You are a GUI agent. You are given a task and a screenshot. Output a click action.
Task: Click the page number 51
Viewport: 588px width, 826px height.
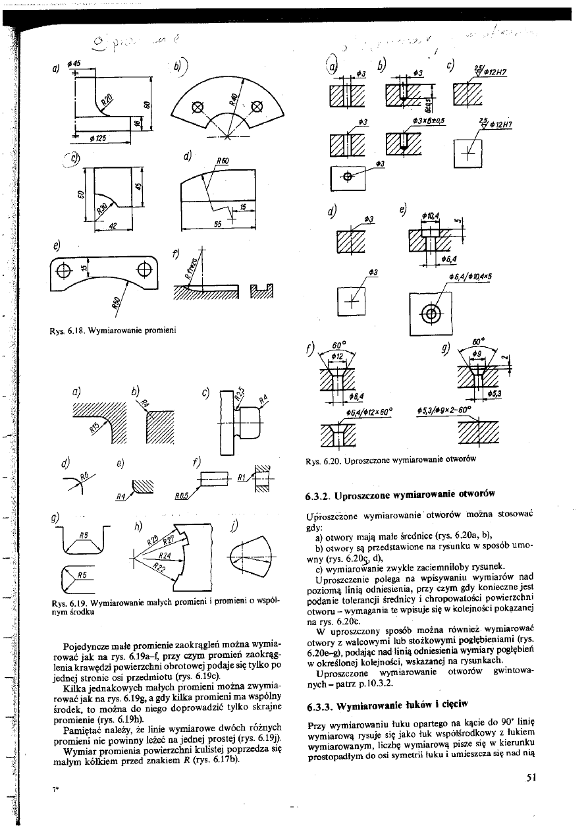coord(533,777)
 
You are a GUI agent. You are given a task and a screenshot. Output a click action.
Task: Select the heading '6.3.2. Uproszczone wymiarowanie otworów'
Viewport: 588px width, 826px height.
coord(400,493)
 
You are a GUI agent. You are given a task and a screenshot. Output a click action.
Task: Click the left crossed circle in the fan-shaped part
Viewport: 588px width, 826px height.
coord(196,107)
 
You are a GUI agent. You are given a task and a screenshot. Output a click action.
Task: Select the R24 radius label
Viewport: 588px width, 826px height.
coord(155,556)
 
